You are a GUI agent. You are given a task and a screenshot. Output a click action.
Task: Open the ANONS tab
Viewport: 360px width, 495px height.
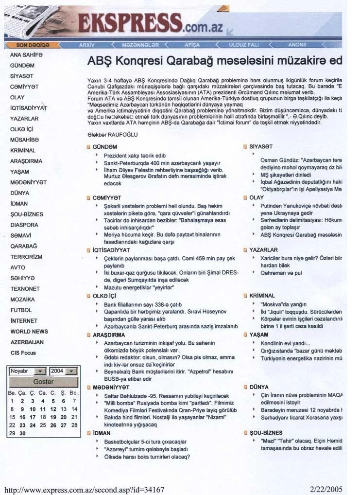(x=297, y=45)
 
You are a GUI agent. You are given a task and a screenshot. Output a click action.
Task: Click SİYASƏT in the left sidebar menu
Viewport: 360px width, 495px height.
(x=22, y=76)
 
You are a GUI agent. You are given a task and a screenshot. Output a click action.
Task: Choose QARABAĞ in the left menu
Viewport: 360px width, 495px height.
(x=23, y=246)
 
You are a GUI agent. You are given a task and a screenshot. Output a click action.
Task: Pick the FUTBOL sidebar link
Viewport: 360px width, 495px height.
(x=21, y=310)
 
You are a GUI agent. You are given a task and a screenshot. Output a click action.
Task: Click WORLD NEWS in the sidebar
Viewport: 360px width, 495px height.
(x=29, y=331)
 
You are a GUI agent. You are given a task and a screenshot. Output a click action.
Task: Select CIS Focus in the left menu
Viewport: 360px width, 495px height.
(x=23, y=353)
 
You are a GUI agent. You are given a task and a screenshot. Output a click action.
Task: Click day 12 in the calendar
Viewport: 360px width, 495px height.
(x=53, y=409)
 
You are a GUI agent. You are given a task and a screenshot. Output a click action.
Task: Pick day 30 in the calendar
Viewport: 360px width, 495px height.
(x=22, y=433)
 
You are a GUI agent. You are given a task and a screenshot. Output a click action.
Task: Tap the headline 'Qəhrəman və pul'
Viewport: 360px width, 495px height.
(x=281, y=273)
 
